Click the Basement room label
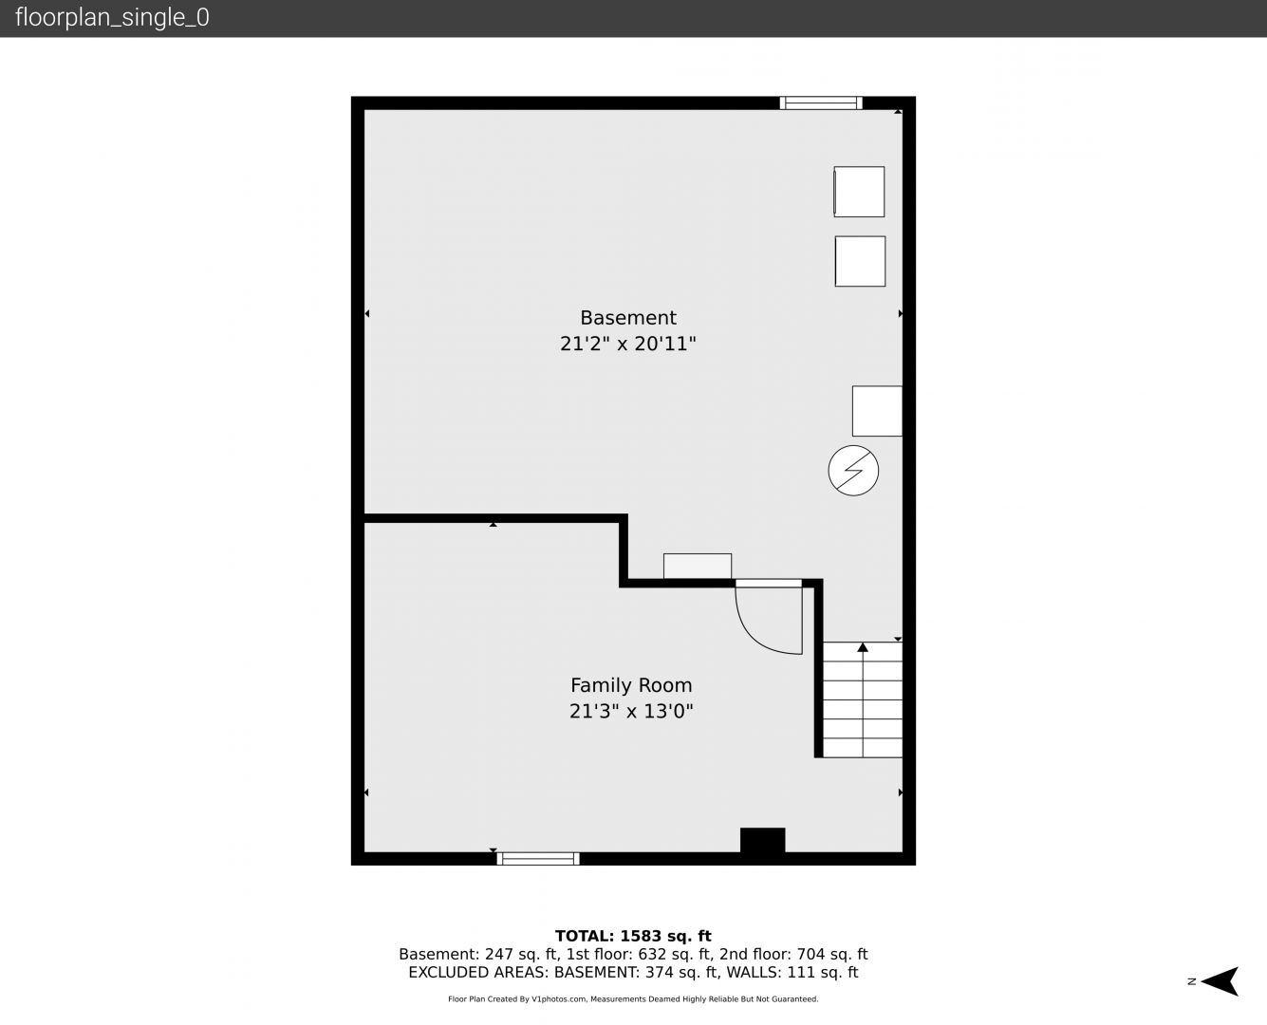click(x=628, y=318)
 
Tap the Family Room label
click(x=631, y=685)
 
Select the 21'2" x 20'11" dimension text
click(x=628, y=344)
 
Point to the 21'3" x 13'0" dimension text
click(x=631, y=711)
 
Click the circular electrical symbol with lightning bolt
click(x=853, y=471)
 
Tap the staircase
click(x=863, y=699)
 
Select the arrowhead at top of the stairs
click(x=863, y=646)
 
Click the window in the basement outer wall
click(x=821, y=102)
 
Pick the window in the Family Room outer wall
click(x=538, y=858)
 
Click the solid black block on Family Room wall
click(x=763, y=840)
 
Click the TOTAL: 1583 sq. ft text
click(x=633, y=937)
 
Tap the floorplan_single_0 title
click(x=112, y=18)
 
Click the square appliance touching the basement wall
click(x=877, y=411)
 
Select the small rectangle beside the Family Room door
click(x=698, y=567)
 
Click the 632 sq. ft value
click(x=675, y=955)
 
